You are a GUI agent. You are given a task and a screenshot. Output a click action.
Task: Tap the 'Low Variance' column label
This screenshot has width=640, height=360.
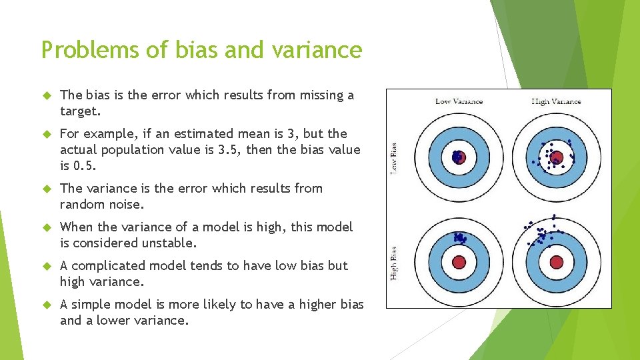pos(459,101)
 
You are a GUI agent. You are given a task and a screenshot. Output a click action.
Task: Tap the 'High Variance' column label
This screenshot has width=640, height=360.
pos(556,101)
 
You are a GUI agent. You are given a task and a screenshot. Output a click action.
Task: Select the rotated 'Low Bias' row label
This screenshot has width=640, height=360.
pos(395,157)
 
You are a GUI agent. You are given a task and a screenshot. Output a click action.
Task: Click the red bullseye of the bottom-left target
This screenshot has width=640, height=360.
pos(459,261)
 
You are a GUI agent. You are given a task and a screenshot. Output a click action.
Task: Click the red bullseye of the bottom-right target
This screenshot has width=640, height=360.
pos(556,261)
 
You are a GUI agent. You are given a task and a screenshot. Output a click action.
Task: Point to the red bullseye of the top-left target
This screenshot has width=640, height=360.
pos(459,157)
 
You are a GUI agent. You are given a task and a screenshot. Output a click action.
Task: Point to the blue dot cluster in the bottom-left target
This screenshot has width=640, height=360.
pos(459,237)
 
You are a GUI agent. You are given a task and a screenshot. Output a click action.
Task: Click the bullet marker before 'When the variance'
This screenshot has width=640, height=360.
pos(46,227)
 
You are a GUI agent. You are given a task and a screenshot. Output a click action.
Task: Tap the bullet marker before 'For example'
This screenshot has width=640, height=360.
pos(46,134)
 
